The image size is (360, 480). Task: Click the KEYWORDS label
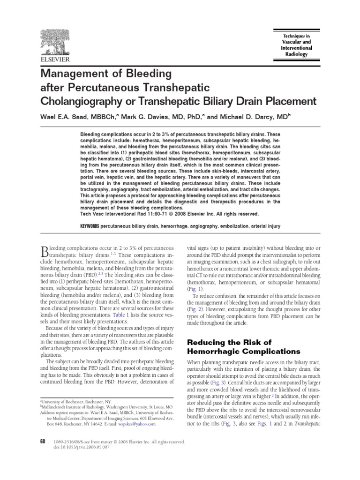pyautogui.click(x=90, y=226)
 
